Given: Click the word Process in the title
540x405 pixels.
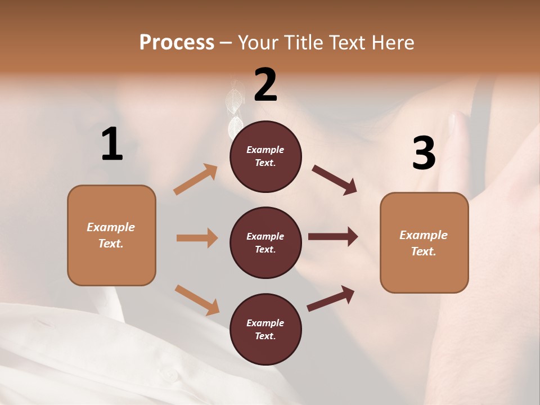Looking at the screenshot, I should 177,42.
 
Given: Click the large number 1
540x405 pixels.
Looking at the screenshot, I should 112,144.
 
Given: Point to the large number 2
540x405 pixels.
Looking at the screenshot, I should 265,84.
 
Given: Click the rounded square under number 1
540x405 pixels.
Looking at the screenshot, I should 111,235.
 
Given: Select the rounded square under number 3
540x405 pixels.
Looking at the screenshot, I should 424,242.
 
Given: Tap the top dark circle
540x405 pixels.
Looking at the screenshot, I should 265,156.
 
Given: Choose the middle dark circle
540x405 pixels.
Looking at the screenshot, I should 265,242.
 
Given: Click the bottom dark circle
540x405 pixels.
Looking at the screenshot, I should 265,329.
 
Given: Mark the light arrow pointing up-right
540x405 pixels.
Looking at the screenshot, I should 196,179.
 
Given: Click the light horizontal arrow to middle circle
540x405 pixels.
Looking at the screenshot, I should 197,238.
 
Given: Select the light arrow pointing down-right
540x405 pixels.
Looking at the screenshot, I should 197,300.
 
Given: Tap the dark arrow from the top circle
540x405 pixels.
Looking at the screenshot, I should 334,179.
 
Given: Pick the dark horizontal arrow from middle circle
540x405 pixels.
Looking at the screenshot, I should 333,237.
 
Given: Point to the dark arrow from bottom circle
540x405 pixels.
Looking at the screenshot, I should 331,298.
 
